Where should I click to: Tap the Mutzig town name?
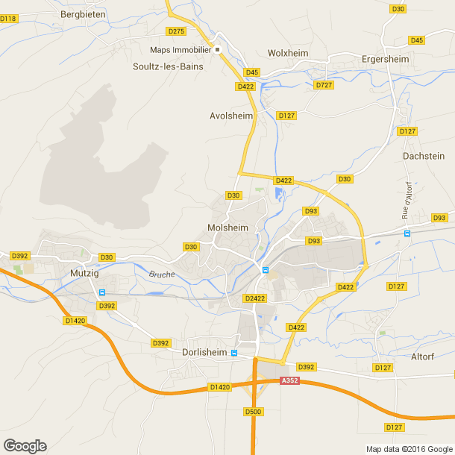(84, 273)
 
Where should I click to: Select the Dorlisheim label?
(204, 351)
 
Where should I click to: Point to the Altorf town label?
(422, 357)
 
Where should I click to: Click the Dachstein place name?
(423, 156)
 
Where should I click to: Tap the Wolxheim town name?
(288, 54)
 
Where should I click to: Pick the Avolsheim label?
(231, 116)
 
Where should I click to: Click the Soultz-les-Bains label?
(168, 65)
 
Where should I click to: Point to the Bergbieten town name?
(83, 13)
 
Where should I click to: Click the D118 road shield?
(8, 18)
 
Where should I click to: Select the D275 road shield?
(176, 31)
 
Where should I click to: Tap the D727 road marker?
(323, 85)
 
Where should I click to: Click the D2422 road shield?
(255, 298)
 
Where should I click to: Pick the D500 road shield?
(254, 411)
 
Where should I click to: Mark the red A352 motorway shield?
(289, 380)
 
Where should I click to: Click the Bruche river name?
(162, 274)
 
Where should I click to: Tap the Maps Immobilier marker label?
(180, 50)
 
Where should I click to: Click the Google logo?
(25, 445)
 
